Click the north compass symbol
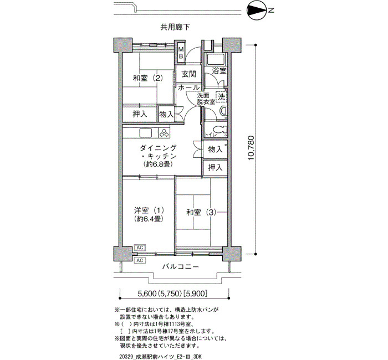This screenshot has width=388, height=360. coord(257,11)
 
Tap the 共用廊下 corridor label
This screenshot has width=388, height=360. coord(175,27)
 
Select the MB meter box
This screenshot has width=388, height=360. coord(181,53)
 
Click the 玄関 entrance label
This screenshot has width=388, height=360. coord(189,74)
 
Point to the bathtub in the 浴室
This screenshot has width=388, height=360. coord(216,59)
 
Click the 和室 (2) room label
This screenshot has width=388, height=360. coord(148,79)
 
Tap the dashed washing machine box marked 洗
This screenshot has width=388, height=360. coord(221,97)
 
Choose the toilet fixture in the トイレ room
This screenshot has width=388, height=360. coord(219,130)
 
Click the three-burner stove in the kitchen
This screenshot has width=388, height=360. coord(164,132)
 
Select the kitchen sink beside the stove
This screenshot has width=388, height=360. coord(145,133)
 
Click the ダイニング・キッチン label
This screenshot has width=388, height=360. coord(158,152)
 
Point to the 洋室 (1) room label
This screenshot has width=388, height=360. coord(149,210)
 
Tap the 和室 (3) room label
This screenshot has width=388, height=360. coord(201,212)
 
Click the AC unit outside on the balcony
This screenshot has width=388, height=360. coord(140,260)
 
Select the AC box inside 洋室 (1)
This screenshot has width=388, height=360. coord(140,247)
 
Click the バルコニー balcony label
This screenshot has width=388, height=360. coord(181,267)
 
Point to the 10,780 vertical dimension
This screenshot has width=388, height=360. coord(251,148)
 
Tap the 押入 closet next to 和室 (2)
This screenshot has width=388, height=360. coord(140,114)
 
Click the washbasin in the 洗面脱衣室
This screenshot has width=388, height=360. coord(223,111)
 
